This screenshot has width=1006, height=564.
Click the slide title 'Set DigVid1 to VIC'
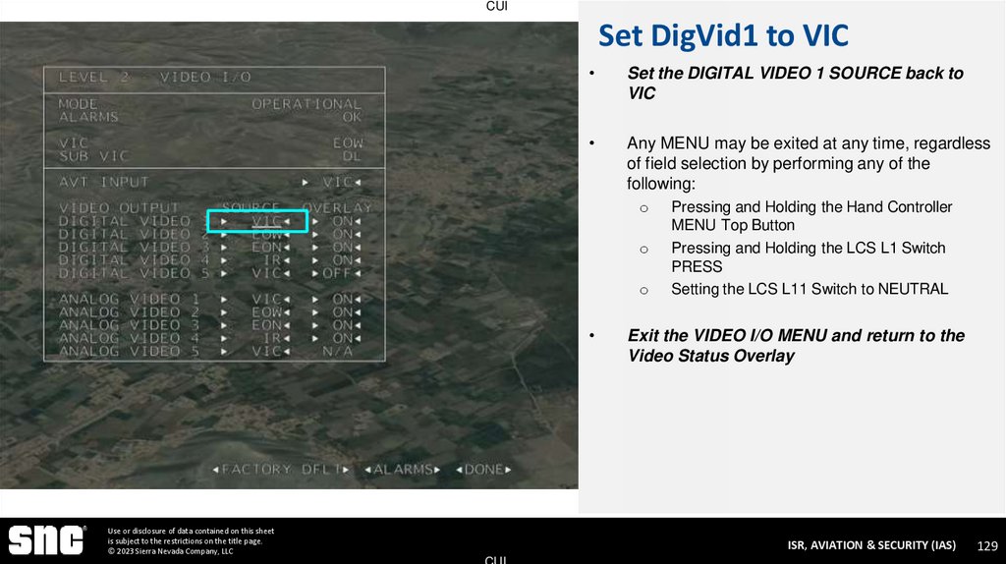(x=723, y=37)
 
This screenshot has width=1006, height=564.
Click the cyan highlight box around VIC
(x=257, y=221)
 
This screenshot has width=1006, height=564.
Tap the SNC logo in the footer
(x=47, y=540)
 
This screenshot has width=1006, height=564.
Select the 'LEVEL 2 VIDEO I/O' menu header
(x=154, y=77)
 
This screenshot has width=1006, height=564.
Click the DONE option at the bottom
(x=483, y=470)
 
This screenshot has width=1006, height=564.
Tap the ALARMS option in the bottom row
(x=404, y=470)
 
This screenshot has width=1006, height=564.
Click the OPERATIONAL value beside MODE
(x=307, y=103)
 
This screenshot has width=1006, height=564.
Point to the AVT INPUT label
(x=103, y=182)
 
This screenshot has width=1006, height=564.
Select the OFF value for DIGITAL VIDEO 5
(x=339, y=273)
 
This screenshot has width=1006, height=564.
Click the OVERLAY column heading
(x=337, y=207)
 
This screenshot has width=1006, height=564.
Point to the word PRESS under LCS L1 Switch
(x=697, y=266)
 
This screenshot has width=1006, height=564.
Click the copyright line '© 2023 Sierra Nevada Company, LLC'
(x=171, y=551)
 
